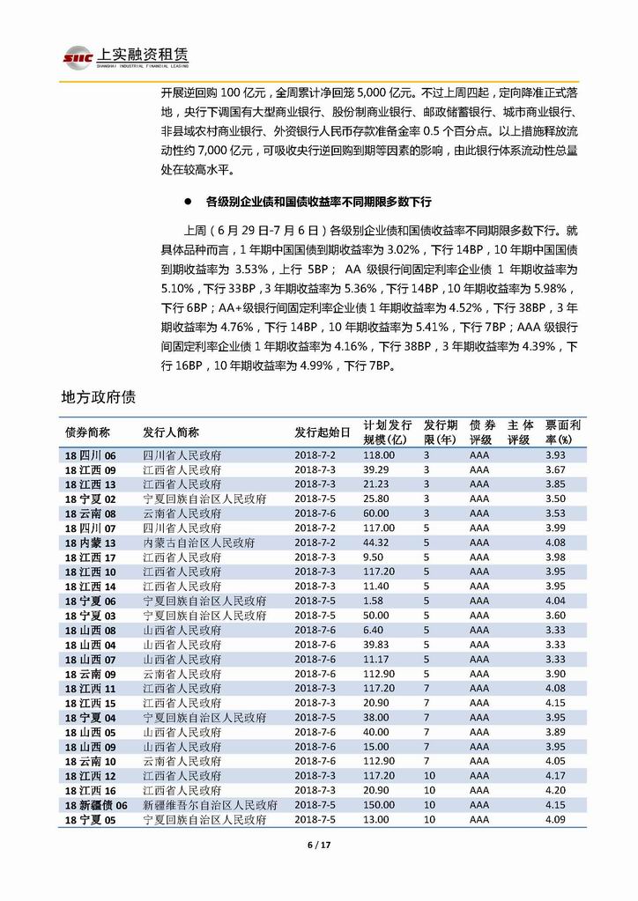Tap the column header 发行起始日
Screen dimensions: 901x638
pyautogui.click(x=322, y=432)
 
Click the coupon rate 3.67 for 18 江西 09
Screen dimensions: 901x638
pyautogui.click(x=554, y=470)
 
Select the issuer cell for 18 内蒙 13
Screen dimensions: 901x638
pyautogui.click(x=198, y=543)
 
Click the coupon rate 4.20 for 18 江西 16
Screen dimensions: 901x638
pyautogui.click(x=554, y=791)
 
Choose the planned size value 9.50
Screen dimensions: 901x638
pyautogui.click(x=374, y=558)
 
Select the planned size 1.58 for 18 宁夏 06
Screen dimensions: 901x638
pyautogui.click(x=374, y=601)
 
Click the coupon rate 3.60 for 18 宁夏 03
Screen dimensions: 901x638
pyautogui.click(x=554, y=616)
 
